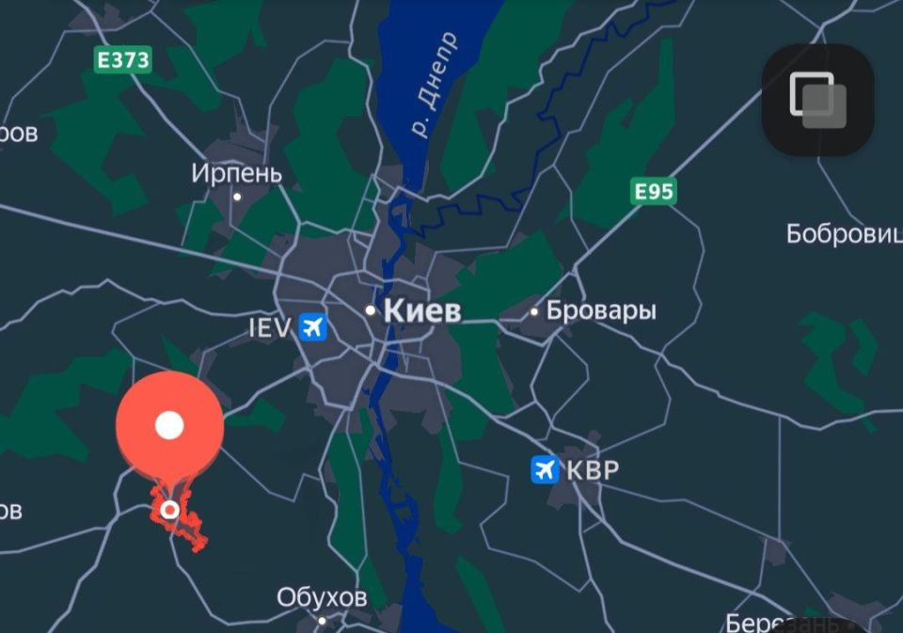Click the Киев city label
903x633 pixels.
pos(422,310)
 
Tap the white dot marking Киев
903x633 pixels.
pos(371,309)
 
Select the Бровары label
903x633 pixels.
pos(601,310)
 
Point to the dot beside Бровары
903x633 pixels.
pos(534,311)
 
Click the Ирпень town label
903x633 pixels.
pos(236,173)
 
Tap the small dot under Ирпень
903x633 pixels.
pos(237,197)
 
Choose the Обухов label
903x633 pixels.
pos(322,597)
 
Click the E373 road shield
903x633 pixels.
pos(123,60)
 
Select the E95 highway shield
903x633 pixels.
pos(654,192)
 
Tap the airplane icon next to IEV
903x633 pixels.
pos(312,327)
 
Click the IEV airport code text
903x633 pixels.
pos(270,327)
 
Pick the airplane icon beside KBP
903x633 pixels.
pos(545,469)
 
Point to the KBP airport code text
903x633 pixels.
pos(593,469)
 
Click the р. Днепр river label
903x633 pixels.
pos(436,85)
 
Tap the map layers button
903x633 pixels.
pos(817,100)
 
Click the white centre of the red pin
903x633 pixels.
pos(169,425)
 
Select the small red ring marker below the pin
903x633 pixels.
pos(169,510)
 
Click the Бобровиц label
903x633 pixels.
pos(844,233)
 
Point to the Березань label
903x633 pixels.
pos(783,623)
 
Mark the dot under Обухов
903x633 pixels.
pos(322,620)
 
